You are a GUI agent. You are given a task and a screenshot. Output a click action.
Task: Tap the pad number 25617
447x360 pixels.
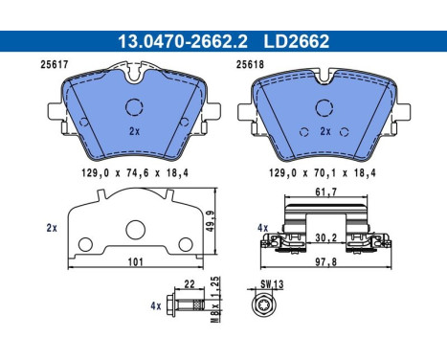(34, 66)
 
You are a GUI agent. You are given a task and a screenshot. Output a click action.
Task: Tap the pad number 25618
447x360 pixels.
(250, 66)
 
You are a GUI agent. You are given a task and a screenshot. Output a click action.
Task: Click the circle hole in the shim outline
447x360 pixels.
(135, 229)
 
